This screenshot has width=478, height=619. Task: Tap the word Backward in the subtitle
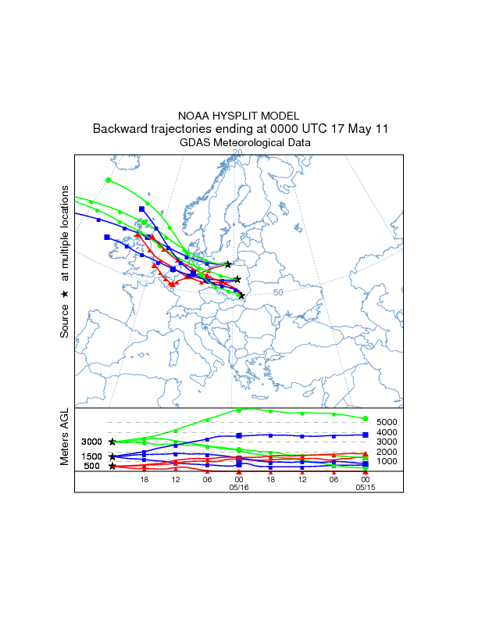click(x=121, y=129)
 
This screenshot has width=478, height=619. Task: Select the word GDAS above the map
click(x=195, y=143)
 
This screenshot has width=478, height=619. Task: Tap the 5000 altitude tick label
click(x=388, y=423)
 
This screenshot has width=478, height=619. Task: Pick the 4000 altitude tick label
click(x=388, y=432)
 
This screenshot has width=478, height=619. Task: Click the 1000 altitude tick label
click(x=388, y=461)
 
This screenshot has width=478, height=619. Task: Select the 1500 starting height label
click(x=93, y=456)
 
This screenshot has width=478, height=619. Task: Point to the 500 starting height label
click(x=93, y=467)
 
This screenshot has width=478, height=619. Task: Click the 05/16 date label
click(x=238, y=485)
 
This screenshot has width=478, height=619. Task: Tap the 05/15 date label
click(x=366, y=485)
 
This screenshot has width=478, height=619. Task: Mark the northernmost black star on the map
click(x=228, y=264)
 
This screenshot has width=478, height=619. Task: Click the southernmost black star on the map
click(x=241, y=295)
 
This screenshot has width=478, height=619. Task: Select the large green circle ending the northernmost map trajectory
click(x=109, y=181)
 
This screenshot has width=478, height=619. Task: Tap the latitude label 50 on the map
click(x=278, y=292)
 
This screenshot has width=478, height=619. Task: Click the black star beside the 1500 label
click(x=112, y=456)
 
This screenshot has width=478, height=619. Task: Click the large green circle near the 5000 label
click(x=366, y=418)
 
